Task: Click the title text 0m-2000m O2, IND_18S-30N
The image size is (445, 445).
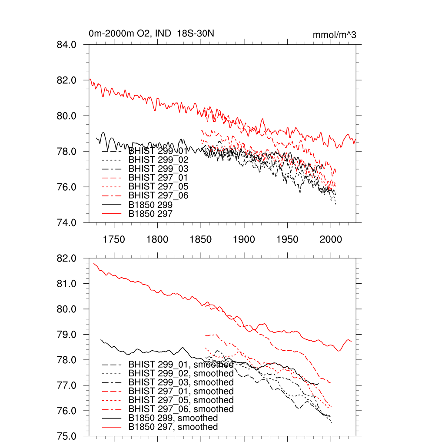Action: tap(151, 33)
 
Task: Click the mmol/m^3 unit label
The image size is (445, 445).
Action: tap(334, 35)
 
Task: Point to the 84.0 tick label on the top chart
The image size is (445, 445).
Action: tap(67, 44)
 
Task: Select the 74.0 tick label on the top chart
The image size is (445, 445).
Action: tap(67, 222)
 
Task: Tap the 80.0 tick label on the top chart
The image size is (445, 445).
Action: tap(67, 116)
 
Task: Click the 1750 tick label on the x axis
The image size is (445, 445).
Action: tap(114, 239)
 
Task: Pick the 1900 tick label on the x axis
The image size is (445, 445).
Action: tap(244, 239)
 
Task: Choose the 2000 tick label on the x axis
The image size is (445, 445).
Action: tap(331, 239)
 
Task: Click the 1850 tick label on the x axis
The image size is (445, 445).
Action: tap(201, 239)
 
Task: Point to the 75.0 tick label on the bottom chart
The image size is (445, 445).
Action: tap(67, 436)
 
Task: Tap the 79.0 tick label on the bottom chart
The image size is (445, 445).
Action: tap(67, 335)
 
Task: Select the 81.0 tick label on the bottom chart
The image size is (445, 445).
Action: tap(67, 284)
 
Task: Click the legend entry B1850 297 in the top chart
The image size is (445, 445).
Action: tap(150, 214)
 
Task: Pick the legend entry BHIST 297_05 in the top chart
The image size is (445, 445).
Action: tap(158, 186)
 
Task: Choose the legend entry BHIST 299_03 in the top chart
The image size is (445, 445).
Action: tap(158, 168)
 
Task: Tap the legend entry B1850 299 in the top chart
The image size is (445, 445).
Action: tap(150, 205)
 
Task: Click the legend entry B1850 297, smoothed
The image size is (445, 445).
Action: tap(173, 427)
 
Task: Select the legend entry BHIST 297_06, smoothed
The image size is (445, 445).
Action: tap(181, 409)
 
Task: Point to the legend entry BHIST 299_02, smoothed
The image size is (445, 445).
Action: tap(181, 373)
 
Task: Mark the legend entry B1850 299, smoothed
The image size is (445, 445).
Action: tap(173, 418)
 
